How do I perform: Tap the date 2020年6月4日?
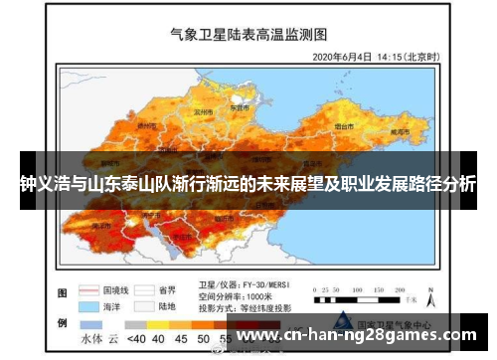[x=344, y=57]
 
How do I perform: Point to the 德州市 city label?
[x=147, y=126]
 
